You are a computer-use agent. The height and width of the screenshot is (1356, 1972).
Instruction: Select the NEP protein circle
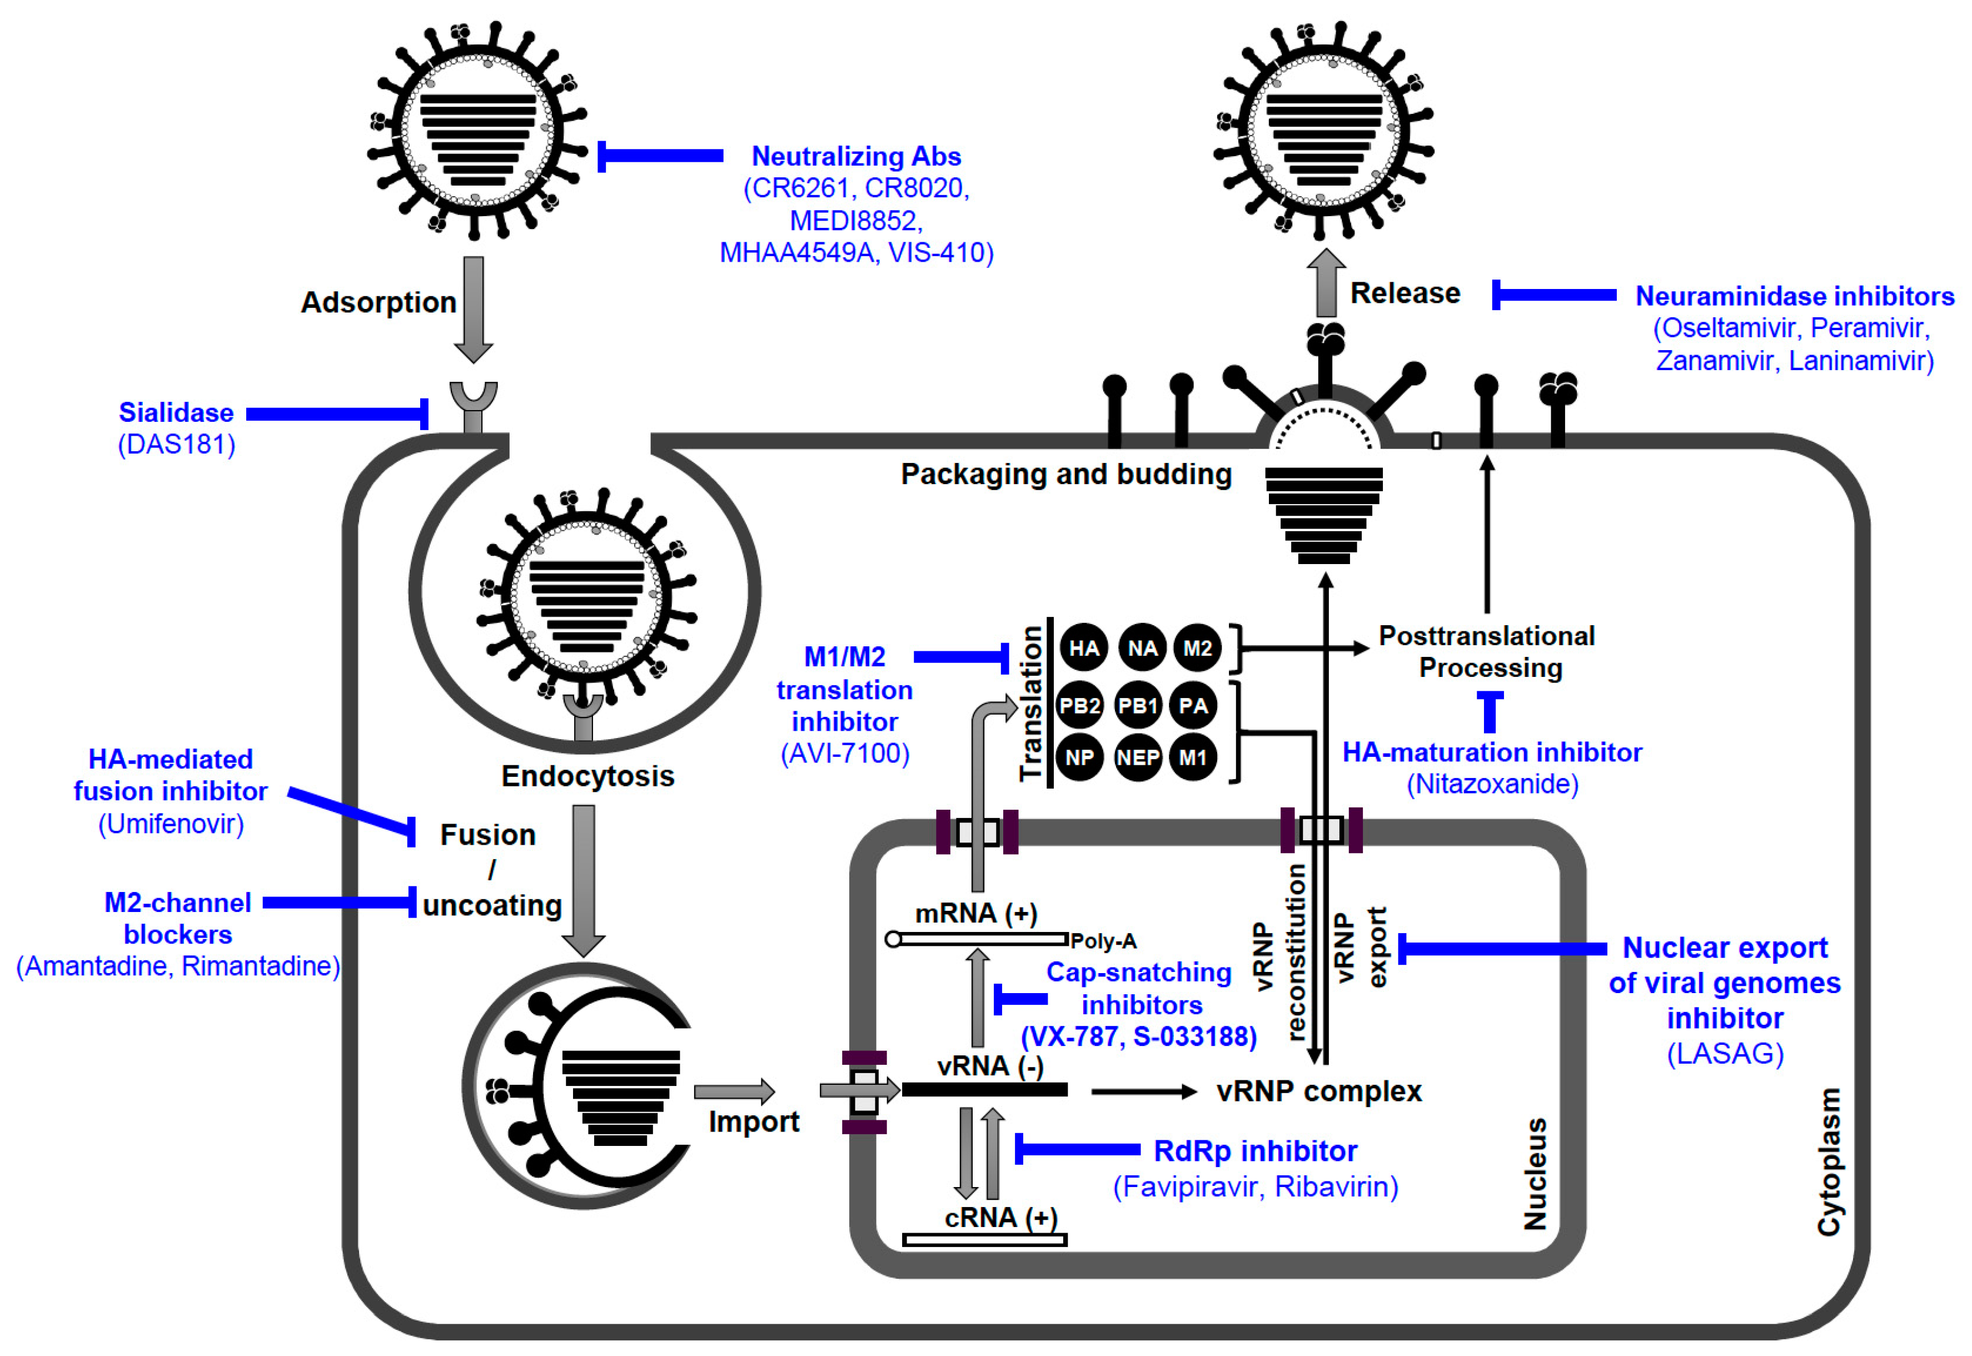click(x=1138, y=757)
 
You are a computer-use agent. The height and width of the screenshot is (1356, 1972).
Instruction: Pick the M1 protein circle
click(x=1193, y=757)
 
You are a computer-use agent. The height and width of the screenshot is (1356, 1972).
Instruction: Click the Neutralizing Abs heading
click(x=855, y=156)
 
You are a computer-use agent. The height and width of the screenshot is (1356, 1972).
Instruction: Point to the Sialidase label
click(x=176, y=413)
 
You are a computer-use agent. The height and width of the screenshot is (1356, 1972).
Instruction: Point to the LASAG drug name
click(x=1725, y=1054)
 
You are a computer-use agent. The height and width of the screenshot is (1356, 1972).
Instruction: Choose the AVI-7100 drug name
click(x=844, y=754)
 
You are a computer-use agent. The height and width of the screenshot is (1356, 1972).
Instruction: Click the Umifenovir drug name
click(x=171, y=824)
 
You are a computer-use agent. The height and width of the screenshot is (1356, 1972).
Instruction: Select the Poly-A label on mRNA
click(x=1103, y=940)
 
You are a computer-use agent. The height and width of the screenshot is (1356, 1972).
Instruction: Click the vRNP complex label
click(x=1318, y=1091)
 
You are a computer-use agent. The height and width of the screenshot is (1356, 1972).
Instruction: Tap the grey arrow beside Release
click(x=1326, y=284)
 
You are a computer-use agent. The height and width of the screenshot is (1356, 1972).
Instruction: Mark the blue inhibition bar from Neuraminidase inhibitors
click(x=1554, y=295)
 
